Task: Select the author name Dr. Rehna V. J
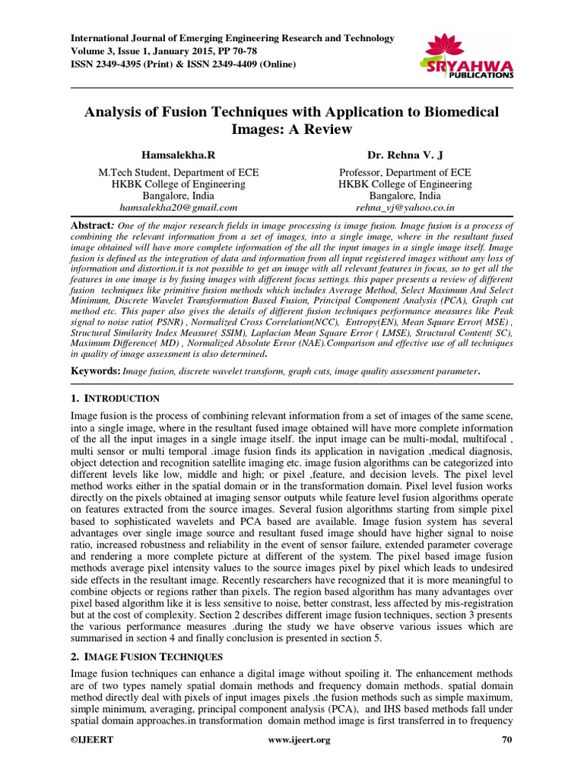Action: pyautogui.click(x=405, y=155)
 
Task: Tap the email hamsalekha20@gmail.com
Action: pyautogui.click(x=179, y=207)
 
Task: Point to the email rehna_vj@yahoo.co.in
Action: pyautogui.click(x=405, y=207)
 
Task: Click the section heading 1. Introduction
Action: pyautogui.click(x=115, y=399)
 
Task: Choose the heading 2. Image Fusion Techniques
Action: pyautogui.click(x=147, y=655)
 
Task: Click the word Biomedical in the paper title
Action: pyautogui.click(x=461, y=112)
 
